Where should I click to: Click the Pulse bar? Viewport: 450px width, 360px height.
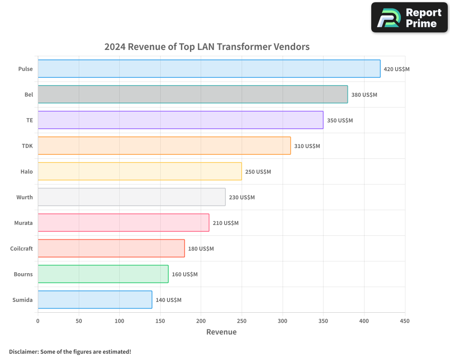pyautogui.click(x=209, y=69)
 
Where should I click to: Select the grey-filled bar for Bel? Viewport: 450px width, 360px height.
pyautogui.click(x=193, y=94)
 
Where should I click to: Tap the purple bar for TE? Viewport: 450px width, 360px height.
pyautogui.click(x=180, y=120)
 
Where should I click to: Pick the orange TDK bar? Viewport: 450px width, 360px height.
pyautogui.click(x=164, y=146)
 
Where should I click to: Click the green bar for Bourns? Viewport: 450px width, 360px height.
pyautogui.click(x=103, y=274)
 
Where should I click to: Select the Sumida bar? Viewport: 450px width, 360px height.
pyautogui.click(x=95, y=300)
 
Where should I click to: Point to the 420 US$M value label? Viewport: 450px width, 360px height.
pyautogui.click(x=396, y=69)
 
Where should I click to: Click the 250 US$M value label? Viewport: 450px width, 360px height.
pyautogui.click(x=258, y=172)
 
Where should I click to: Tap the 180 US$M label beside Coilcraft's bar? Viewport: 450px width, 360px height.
pyautogui.click(x=201, y=249)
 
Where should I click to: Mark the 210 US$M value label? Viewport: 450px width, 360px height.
pyautogui.click(x=225, y=223)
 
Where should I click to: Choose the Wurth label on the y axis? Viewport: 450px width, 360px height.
pyautogui.click(x=24, y=197)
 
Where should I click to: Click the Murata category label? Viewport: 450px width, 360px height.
pyautogui.click(x=23, y=223)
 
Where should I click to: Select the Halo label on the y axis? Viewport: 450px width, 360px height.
pyautogui.click(x=27, y=171)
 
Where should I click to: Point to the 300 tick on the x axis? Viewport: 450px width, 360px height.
pyautogui.click(x=283, y=321)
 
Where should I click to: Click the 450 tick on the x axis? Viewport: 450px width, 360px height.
pyautogui.click(x=405, y=321)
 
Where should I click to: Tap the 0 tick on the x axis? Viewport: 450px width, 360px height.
pyautogui.click(x=38, y=321)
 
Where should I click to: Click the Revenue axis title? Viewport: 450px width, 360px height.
pyautogui.click(x=221, y=332)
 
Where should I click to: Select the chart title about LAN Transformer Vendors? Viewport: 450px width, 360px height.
pyautogui.click(x=207, y=46)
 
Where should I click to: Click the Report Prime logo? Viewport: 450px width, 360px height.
pyautogui.click(x=409, y=18)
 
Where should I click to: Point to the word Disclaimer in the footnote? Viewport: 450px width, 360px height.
pyautogui.click(x=23, y=351)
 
